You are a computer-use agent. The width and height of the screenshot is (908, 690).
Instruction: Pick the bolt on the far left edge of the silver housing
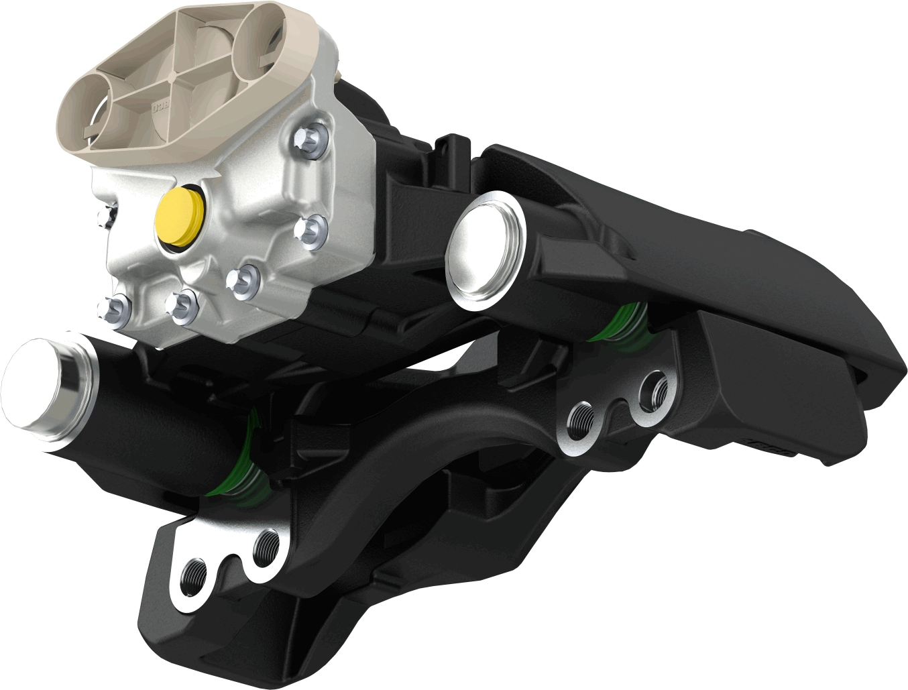tap(105, 215)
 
